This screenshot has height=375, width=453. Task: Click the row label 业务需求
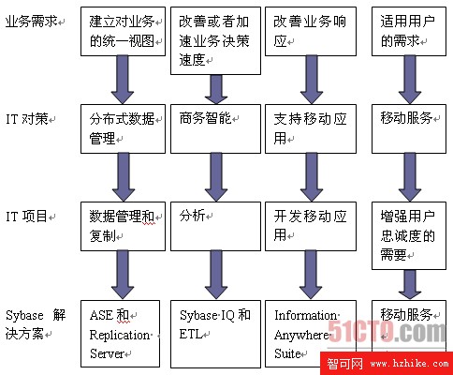tap(31, 22)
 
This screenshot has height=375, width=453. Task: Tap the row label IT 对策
tap(27, 119)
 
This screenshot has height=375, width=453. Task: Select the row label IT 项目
tap(26, 217)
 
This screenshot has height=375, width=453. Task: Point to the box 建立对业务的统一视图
tap(123, 32)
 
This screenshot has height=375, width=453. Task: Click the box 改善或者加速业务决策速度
tap(215, 41)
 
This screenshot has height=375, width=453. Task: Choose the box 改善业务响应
tap(311, 32)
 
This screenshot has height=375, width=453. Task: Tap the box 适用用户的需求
tap(409, 32)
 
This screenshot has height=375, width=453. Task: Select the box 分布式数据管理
tap(123, 128)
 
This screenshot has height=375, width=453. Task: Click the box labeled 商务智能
tap(215, 128)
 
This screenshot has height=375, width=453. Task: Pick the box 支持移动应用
tap(311, 128)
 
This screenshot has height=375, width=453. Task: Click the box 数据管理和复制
tap(123, 226)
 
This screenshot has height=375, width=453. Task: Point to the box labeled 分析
tap(215, 226)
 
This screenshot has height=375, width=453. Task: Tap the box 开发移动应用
tap(311, 226)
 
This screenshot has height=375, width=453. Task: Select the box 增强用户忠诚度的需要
tap(409, 235)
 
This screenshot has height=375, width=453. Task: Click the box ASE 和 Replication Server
tap(120, 334)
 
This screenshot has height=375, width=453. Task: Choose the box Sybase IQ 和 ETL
tap(215, 334)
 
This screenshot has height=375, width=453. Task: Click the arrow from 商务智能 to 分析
tap(216, 177)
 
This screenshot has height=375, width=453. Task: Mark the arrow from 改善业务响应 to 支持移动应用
tap(312, 80)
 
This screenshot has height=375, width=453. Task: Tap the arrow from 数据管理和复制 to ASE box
tap(123, 275)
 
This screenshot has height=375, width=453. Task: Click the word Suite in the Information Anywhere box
tap(287, 353)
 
